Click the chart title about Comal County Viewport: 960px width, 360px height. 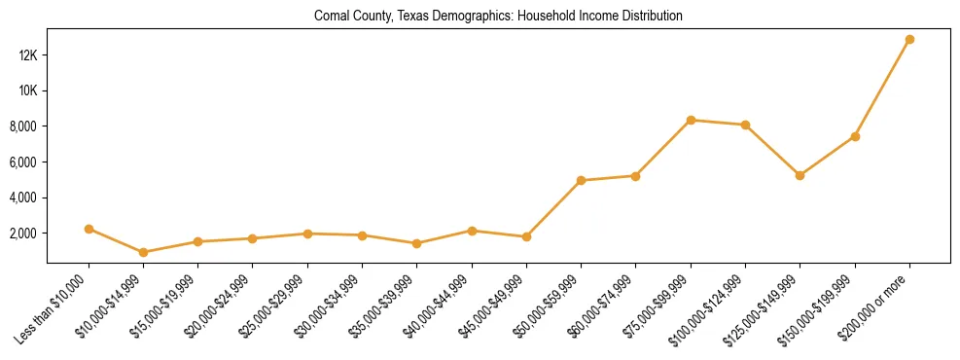tap(498, 17)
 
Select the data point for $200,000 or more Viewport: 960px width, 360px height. tap(909, 40)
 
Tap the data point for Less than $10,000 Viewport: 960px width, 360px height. tap(89, 229)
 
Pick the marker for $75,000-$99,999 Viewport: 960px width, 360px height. tap(691, 120)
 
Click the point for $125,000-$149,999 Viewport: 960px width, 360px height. tap(800, 175)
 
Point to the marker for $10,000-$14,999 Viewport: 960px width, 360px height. tap(144, 252)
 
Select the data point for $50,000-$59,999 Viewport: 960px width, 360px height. tap(581, 180)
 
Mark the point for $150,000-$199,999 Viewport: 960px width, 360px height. tap(855, 136)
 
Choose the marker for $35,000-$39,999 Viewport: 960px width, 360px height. tap(417, 243)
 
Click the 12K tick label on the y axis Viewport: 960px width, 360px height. tap(28, 55)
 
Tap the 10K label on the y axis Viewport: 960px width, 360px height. tap(28, 90)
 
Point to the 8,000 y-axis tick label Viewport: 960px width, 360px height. tap(23, 126)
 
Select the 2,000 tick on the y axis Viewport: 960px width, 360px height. tap(23, 234)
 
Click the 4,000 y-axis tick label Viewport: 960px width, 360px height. tap(23, 198)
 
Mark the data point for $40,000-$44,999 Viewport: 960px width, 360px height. tap(472, 231)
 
